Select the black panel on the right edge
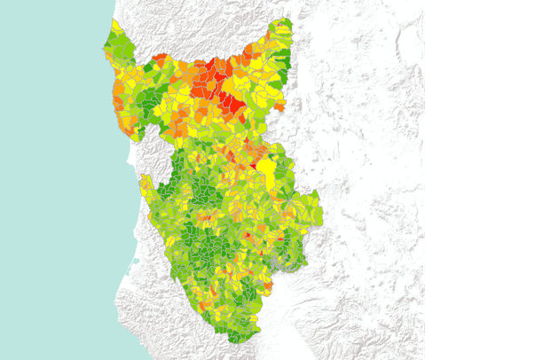pos(484,177)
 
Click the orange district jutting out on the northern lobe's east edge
pos(279,107)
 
